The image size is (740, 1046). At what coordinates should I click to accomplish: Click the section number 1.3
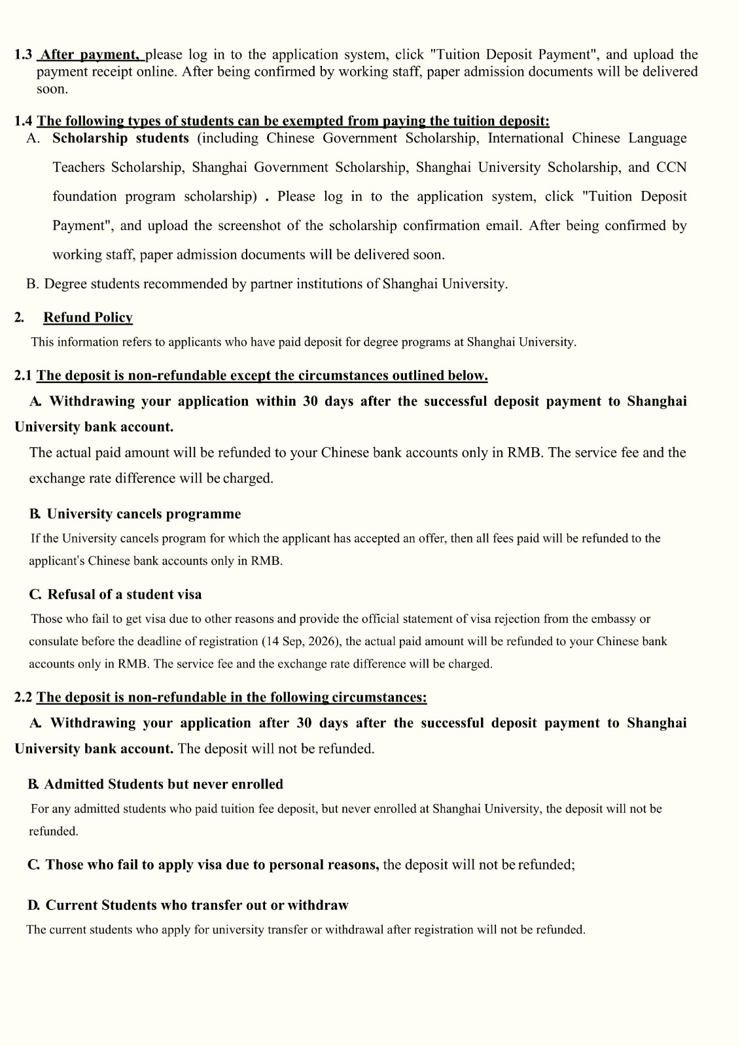click(x=23, y=55)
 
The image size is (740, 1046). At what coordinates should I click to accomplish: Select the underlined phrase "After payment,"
click(x=90, y=55)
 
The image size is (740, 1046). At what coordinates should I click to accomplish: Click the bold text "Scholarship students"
click(x=120, y=138)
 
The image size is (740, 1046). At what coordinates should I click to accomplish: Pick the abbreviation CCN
click(x=671, y=167)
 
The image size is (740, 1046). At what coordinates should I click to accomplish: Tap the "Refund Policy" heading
click(x=88, y=318)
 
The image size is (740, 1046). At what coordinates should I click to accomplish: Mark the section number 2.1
click(x=23, y=376)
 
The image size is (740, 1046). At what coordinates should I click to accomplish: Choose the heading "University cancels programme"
click(x=143, y=514)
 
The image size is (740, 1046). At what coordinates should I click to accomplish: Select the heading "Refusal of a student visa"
click(x=124, y=594)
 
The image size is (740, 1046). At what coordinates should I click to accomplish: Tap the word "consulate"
click(x=54, y=641)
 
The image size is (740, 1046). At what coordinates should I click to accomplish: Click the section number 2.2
click(x=23, y=698)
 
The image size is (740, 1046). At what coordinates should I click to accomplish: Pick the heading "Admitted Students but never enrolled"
click(x=164, y=785)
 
